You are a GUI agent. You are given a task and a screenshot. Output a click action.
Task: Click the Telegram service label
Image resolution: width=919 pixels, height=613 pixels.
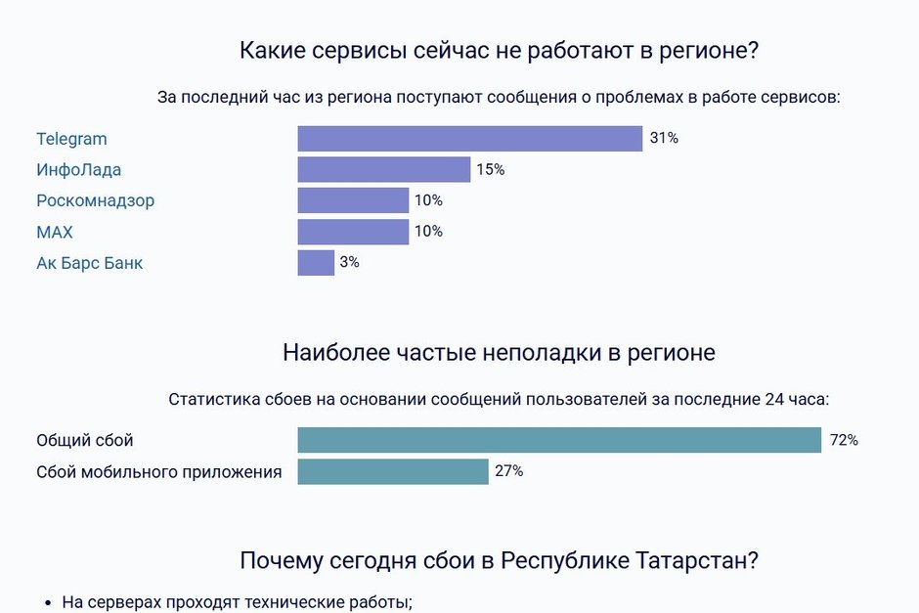click(x=71, y=139)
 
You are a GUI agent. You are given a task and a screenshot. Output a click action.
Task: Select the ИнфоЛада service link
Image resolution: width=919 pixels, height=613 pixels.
click(x=78, y=170)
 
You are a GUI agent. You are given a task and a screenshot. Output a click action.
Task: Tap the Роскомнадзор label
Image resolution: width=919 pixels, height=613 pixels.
click(x=95, y=201)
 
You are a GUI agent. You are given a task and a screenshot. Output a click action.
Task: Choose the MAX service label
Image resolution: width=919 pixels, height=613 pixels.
click(x=55, y=233)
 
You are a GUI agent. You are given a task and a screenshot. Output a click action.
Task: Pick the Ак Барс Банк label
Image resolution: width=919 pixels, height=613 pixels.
click(x=89, y=264)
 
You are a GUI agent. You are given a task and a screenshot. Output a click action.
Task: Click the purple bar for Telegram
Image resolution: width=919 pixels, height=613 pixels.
click(x=469, y=139)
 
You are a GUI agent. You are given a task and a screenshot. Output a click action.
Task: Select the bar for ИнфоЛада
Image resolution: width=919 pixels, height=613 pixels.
click(x=383, y=170)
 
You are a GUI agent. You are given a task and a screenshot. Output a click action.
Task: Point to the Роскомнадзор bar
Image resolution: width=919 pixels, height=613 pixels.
click(x=353, y=201)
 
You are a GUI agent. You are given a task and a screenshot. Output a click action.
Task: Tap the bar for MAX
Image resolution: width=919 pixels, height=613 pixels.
click(x=353, y=233)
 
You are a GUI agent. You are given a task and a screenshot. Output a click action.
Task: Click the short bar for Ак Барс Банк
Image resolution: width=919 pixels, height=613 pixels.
click(x=316, y=263)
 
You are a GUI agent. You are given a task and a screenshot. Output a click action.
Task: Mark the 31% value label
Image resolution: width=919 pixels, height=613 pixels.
click(x=664, y=139)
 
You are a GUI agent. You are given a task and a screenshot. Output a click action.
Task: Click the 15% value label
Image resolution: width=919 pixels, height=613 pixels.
click(x=490, y=170)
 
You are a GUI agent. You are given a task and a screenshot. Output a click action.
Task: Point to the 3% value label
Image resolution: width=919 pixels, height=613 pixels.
click(x=349, y=263)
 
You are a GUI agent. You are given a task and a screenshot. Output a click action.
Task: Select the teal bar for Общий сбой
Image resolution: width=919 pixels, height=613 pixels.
click(x=559, y=441)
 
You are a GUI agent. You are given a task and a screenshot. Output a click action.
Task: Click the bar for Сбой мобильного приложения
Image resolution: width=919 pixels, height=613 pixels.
click(x=392, y=472)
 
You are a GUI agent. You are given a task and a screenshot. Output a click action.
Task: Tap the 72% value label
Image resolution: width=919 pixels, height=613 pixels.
click(x=844, y=441)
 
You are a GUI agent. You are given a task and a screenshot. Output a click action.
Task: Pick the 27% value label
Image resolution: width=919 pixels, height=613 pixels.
click(x=508, y=472)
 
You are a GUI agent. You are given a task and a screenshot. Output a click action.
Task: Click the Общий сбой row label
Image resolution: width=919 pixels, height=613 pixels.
click(x=84, y=441)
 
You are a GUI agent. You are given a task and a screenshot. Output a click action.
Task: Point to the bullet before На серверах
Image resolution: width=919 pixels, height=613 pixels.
click(x=49, y=603)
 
